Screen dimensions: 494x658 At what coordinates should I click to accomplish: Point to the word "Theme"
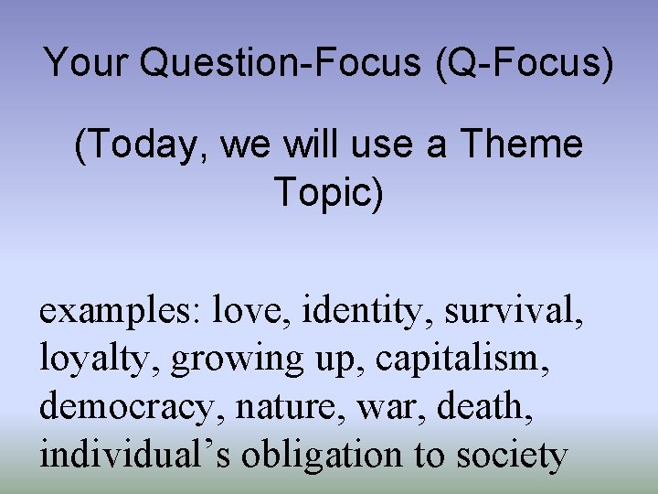tap(521, 145)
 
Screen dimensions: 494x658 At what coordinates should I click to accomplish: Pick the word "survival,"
tap(514, 311)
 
